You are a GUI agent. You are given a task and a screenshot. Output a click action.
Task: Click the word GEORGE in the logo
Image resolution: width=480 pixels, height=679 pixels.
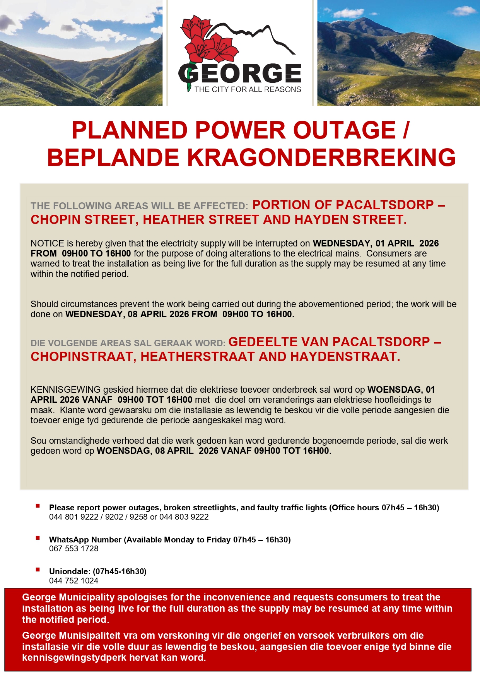coord(240,74)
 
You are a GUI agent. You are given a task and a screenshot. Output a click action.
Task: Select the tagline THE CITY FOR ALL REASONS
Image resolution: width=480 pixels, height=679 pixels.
coord(248,89)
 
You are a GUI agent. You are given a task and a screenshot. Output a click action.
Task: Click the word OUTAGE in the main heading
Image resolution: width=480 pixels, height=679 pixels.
coord(344,130)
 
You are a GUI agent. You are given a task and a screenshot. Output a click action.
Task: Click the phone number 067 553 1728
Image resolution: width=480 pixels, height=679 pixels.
coord(73,549)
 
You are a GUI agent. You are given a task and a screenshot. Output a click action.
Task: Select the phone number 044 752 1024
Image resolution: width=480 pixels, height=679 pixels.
coord(73,581)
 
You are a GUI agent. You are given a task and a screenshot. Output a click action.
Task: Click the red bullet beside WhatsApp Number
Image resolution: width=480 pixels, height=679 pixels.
coord(38,538)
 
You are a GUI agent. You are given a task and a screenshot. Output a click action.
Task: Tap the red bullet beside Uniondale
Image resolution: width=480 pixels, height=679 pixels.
coord(38,570)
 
